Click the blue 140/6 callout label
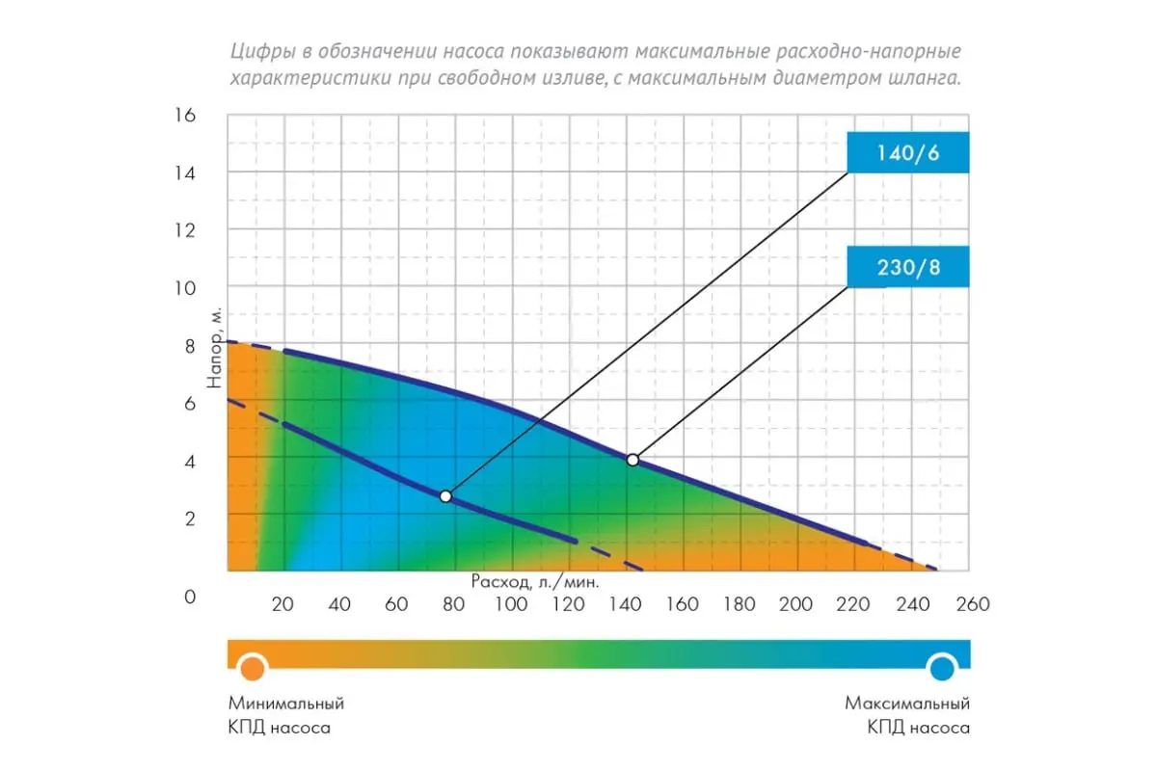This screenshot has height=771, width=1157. click(907, 151)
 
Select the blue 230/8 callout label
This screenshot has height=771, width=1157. click(907, 267)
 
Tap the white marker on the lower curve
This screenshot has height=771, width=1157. click(445, 496)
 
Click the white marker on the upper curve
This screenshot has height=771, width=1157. click(632, 460)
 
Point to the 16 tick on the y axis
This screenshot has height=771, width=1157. click(183, 116)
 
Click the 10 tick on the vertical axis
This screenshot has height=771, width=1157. click(183, 288)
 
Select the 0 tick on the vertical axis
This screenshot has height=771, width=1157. click(189, 597)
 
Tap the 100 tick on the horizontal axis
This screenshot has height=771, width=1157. click(511, 604)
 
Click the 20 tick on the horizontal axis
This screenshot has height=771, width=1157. click(283, 604)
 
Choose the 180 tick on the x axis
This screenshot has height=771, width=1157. click(740, 604)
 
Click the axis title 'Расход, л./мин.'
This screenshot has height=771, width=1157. click(535, 582)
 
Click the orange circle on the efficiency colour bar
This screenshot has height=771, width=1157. click(253, 667)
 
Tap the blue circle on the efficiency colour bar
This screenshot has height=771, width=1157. click(942, 667)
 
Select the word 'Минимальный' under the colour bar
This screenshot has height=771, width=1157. click(286, 704)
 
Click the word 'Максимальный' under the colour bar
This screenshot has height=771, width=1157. click(907, 704)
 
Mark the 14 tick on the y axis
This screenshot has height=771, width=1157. click(183, 173)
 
